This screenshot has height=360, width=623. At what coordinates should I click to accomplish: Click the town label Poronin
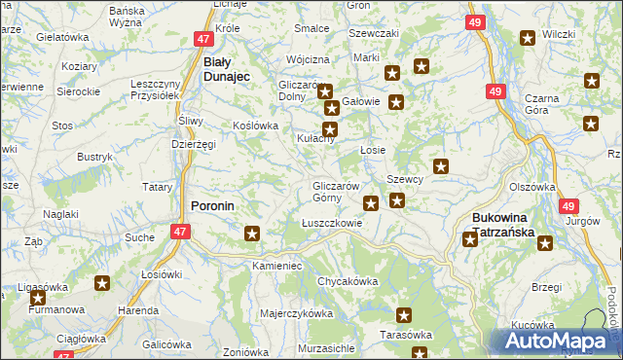[210, 206]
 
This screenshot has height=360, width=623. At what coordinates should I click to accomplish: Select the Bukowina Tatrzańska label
[504, 226]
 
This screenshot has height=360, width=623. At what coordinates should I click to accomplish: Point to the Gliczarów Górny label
[338, 192]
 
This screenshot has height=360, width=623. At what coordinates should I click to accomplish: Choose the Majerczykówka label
[297, 314]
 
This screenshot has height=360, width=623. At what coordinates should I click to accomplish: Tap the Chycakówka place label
[347, 281]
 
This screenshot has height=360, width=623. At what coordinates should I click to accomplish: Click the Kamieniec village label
[277, 265]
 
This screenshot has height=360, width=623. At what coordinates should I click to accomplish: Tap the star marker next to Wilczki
[528, 39]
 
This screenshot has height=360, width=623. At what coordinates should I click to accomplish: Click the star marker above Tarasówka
[405, 315]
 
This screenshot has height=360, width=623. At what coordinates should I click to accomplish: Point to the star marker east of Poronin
[253, 234]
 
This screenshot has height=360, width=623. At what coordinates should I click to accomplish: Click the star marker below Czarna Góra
[591, 123]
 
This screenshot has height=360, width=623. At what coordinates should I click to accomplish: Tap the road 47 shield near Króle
[202, 39]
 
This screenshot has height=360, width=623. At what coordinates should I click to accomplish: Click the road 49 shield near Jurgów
[569, 206]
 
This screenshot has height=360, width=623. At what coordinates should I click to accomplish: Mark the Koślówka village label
[256, 126]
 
